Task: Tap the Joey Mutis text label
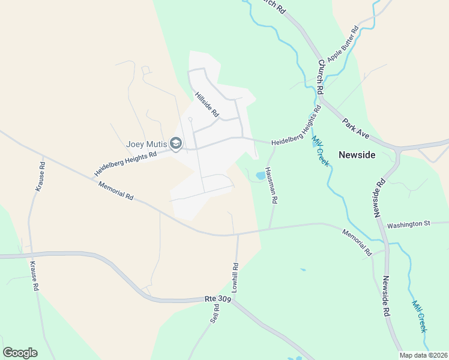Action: click(146, 144)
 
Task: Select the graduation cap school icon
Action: click(176, 144)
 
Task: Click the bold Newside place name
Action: click(357, 155)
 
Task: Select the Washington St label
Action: click(409, 224)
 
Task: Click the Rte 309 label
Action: click(217, 298)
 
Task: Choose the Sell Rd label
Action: click(215, 314)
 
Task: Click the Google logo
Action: click(20, 353)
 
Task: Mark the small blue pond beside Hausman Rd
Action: click(260, 176)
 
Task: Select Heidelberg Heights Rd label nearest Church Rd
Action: click(297, 127)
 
